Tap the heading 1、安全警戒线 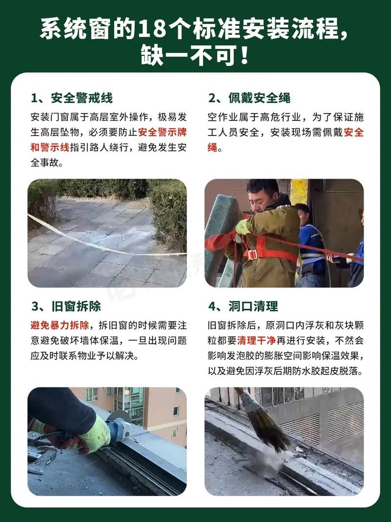click(x=71, y=98)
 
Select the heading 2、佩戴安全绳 click(x=249, y=98)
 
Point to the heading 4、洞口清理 click(x=243, y=306)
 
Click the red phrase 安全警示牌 click(x=162, y=132)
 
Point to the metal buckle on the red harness click(x=252, y=254)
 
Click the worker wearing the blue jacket click(x=309, y=245)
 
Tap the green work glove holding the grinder click(x=95, y=433)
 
